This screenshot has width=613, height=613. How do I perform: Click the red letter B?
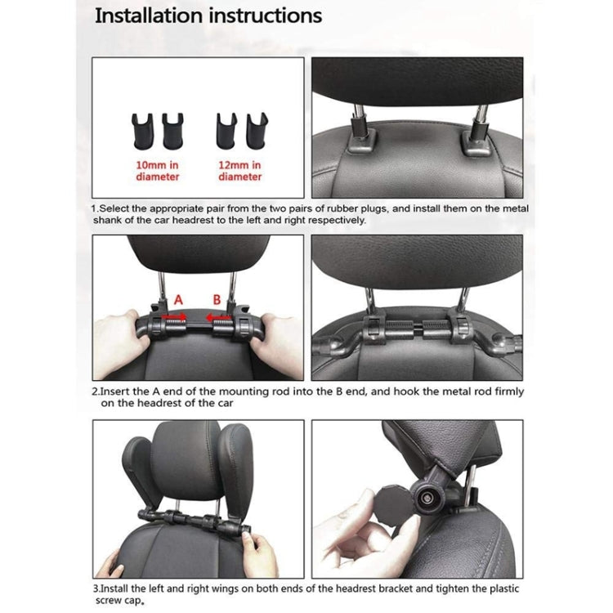(217, 301)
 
